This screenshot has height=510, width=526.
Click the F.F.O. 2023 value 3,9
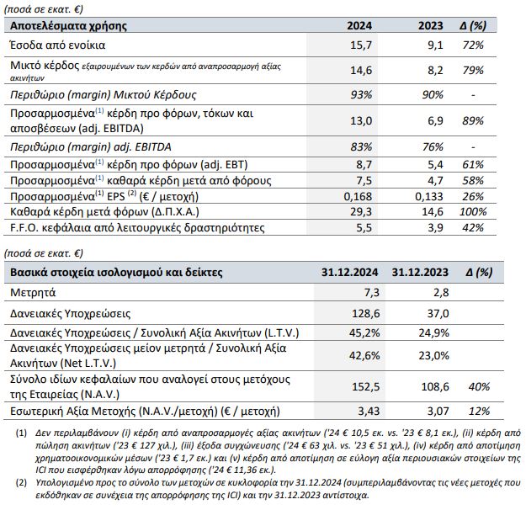[434, 227]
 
